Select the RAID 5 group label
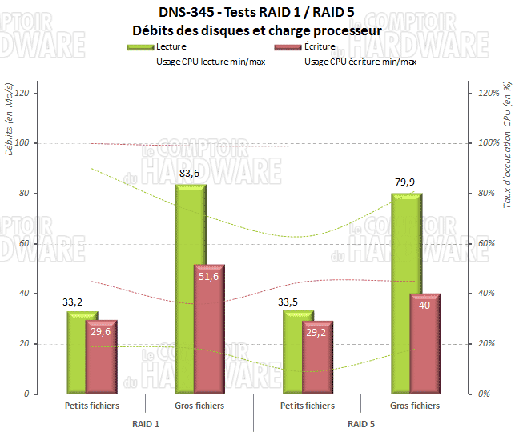[x=362, y=422]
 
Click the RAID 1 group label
[x=146, y=422]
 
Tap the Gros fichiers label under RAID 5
[x=416, y=406]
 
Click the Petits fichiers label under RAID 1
[x=92, y=406]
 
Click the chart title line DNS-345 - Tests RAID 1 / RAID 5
[x=256, y=14]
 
